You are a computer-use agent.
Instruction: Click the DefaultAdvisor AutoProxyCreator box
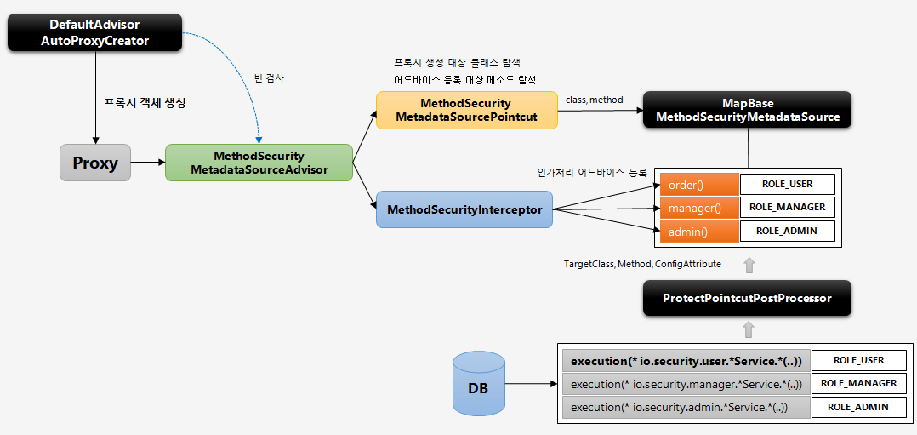tap(95, 33)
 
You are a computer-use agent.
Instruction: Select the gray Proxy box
tap(95, 163)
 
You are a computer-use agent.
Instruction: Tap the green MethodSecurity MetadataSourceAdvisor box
tap(259, 163)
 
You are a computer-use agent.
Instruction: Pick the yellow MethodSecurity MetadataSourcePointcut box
tap(466, 110)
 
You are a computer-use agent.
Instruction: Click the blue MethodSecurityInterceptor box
tap(464, 209)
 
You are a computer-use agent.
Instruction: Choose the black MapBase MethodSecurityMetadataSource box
tap(748, 110)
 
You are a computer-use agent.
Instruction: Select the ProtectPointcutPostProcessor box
tap(747, 299)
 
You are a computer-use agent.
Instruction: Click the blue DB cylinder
tap(478, 386)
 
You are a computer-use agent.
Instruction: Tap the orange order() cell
tap(698, 185)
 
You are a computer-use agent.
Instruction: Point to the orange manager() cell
tap(698, 208)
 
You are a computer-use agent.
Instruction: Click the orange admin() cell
tap(698, 231)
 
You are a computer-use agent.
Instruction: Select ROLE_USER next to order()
tap(787, 185)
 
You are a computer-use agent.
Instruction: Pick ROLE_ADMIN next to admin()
tap(787, 231)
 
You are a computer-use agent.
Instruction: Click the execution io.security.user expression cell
tap(686, 361)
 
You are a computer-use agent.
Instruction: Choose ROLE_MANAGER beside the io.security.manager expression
tap(858, 384)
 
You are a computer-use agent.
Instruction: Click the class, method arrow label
tap(594, 100)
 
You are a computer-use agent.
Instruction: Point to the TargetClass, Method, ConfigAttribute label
tap(642, 265)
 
